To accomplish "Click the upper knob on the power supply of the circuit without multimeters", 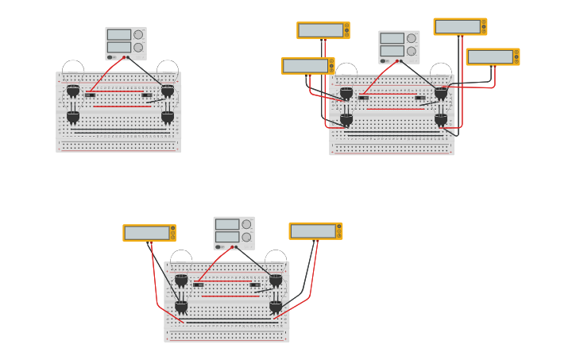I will point(138,35).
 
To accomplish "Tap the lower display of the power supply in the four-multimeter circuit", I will point(392,51).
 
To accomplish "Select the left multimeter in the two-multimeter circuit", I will point(149,233).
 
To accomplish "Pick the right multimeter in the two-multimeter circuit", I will point(315,231).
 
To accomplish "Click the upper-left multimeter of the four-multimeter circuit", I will point(323,30).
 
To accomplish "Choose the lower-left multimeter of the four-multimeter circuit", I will point(307,66).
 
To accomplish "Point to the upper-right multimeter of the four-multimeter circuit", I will point(460,26).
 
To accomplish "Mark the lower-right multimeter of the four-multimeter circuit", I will point(493,57).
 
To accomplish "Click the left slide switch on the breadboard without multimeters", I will point(91,95).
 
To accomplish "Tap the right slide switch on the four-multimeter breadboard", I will point(419,98).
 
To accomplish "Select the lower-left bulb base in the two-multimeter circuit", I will point(181,306).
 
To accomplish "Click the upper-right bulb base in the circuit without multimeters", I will point(168,91).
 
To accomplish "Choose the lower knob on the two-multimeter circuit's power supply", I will point(246,237).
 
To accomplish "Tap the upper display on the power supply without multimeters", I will point(118,35).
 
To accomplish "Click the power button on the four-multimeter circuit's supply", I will point(383,60).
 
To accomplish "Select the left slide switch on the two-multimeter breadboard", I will point(199,285).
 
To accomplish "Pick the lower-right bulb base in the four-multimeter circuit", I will point(441,119).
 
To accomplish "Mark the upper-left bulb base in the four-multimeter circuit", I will point(346,93).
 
